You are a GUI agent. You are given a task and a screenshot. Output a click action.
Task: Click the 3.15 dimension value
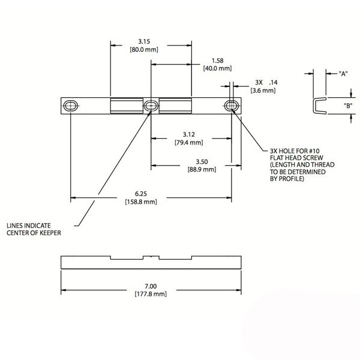coord(143,41)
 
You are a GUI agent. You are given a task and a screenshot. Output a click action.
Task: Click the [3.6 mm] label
coord(263,90)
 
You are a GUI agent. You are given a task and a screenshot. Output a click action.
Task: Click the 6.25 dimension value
coord(141,193)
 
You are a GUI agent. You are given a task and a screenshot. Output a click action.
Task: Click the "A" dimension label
coord(344,73)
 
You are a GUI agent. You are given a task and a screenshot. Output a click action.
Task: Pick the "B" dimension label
coord(347,106)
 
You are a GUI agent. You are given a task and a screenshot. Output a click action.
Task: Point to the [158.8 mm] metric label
coord(141,202)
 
